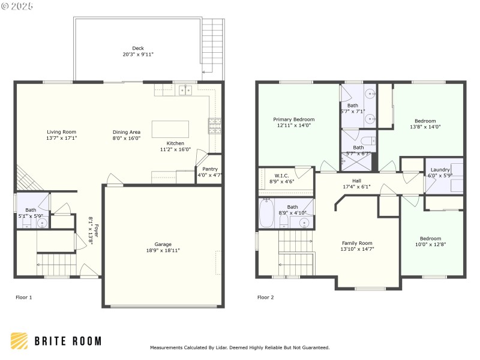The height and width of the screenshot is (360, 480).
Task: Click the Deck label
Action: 139,48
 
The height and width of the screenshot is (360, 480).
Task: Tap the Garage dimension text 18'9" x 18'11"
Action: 163,251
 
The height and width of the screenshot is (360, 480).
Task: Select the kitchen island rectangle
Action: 170,130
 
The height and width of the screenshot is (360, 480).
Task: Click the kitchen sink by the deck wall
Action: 185,91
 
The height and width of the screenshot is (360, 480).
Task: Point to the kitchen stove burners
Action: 214,125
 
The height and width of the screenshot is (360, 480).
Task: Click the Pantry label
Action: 210,169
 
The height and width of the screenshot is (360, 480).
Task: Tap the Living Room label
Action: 62,131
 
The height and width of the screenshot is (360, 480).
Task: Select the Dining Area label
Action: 127,131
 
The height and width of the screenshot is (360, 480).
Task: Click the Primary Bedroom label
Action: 294,119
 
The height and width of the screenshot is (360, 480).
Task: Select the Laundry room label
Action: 440,169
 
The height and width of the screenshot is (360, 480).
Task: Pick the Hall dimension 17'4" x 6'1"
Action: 356,187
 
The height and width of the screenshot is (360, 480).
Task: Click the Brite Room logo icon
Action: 19,341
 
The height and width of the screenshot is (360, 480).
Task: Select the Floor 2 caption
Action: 265,297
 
